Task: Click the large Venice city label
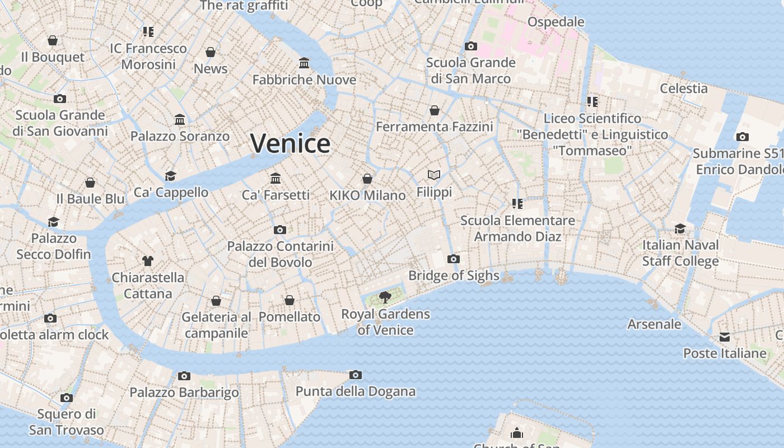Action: pyautogui.click(x=290, y=144)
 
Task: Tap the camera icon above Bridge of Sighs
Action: pyautogui.click(x=454, y=259)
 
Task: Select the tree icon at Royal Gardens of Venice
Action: pyautogui.click(x=385, y=297)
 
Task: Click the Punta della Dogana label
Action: pyautogui.click(x=356, y=391)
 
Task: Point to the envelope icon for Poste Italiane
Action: pyautogui.click(x=725, y=337)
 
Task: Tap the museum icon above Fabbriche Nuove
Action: pyautogui.click(x=304, y=63)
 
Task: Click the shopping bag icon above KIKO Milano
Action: pyautogui.click(x=367, y=179)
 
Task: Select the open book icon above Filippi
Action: pyautogui.click(x=434, y=175)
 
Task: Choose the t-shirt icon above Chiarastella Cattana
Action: pyautogui.click(x=148, y=260)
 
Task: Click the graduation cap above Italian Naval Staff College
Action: pyautogui.click(x=680, y=228)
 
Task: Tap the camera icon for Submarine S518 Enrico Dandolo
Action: pyautogui.click(x=743, y=137)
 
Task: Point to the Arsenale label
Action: pyautogui.click(x=654, y=324)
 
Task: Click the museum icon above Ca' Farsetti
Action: pyautogui.click(x=276, y=178)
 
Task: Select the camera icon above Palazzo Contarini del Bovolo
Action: pyautogui.click(x=280, y=230)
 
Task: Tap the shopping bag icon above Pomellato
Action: pyautogui.click(x=290, y=300)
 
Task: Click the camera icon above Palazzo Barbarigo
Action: pyautogui.click(x=184, y=376)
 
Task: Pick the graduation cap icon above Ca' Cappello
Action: pyautogui.click(x=171, y=176)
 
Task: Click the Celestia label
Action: pyautogui.click(x=683, y=88)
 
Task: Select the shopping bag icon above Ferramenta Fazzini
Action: pyautogui.click(x=434, y=110)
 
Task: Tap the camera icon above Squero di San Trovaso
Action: pyautogui.click(x=67, y=398)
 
